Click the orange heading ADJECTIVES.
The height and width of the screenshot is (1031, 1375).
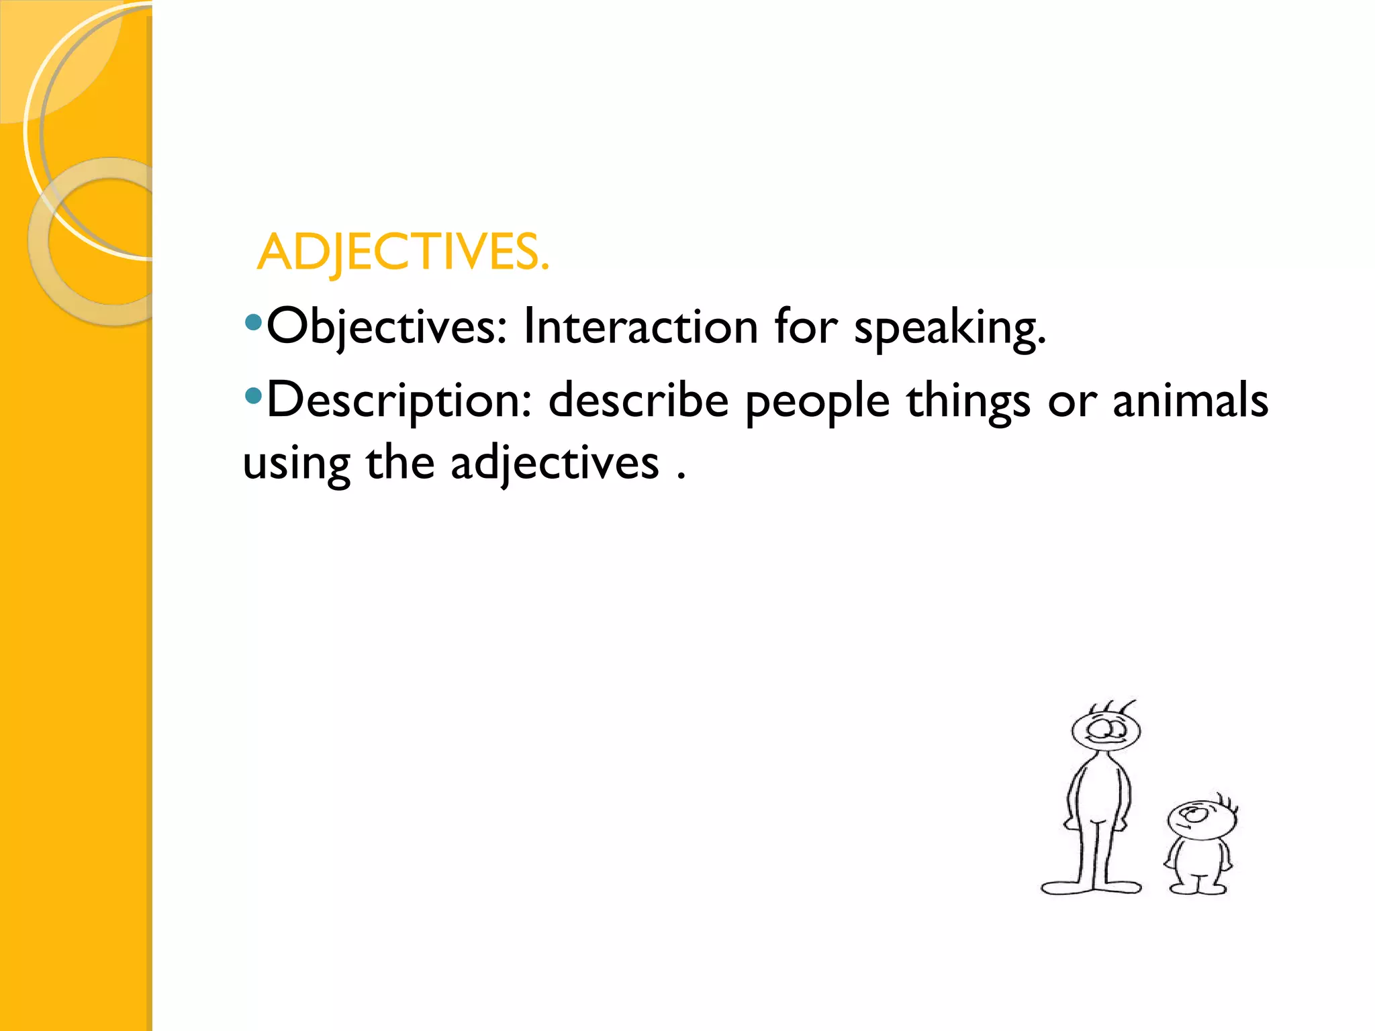click(x=403, y=253)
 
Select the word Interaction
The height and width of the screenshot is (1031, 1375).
click(x=641, y=327)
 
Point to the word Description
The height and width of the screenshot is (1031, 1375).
click(x=399, y=401)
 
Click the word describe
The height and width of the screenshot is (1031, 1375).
click(x=638, y=401)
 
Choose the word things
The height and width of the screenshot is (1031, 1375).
click(x=968, y=403)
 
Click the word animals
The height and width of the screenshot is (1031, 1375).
click(x=1190, y=401)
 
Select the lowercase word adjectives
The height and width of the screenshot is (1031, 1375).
click(x=555, y=464)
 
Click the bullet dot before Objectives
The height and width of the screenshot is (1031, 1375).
click(x=253, y=323)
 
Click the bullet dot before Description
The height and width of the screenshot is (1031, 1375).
click(x=253, y=396)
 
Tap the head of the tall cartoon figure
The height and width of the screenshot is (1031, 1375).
click(x=1106, y=730)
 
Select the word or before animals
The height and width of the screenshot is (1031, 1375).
click(x=1072, y=402)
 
